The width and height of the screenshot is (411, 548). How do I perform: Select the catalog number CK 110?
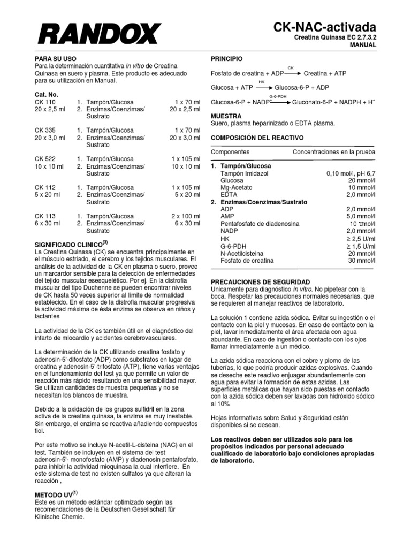click(45, 102)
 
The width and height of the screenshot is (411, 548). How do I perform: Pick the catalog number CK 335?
click(45, 130)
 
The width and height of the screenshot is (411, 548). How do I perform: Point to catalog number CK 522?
click(45, 159)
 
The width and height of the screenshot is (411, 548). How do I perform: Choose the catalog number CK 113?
click(45, 216)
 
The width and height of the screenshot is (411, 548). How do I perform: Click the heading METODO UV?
click(54, 494)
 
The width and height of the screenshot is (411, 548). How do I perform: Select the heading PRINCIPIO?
click(227, 58)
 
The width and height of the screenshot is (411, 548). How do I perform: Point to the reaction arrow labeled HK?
click(263, 87)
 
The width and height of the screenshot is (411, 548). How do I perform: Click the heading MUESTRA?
click(226, 116)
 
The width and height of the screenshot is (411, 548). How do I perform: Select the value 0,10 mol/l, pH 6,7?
click(351, 174)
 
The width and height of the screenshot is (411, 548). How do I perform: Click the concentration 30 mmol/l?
click(361, 261)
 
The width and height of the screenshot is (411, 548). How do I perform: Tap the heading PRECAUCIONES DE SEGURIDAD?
click(260, 281)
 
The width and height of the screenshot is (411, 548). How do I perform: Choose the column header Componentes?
click(230, 152)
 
